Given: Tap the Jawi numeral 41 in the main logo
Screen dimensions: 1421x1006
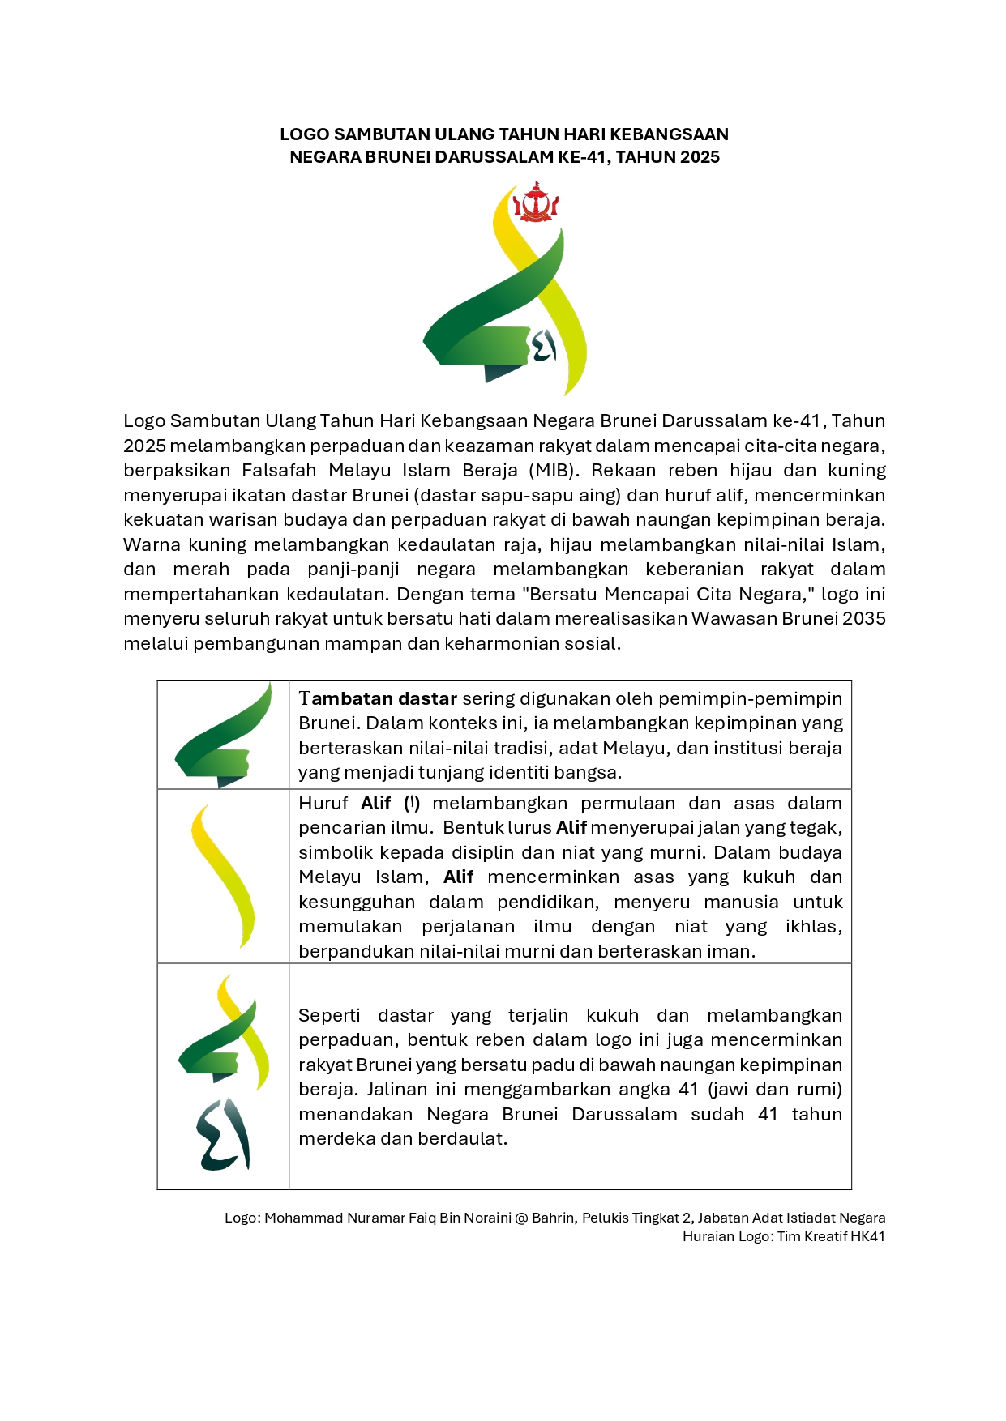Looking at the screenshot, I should click(543, 347).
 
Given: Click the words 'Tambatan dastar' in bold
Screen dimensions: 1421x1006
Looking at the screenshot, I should click(378, 698).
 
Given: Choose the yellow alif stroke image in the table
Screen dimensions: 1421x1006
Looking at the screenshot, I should click(223, 876).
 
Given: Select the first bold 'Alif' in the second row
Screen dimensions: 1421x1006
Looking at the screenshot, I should click(376, 804).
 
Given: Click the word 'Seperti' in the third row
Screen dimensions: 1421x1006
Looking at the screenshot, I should click(329, 1016).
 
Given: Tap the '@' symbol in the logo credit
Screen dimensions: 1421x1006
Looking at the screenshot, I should click(521, 1218).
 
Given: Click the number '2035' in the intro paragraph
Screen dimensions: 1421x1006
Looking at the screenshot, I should click(864, 619).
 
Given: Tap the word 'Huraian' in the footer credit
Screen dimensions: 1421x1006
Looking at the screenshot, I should click(707, 1236).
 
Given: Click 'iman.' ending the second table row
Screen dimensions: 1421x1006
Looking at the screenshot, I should click(733, 952).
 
